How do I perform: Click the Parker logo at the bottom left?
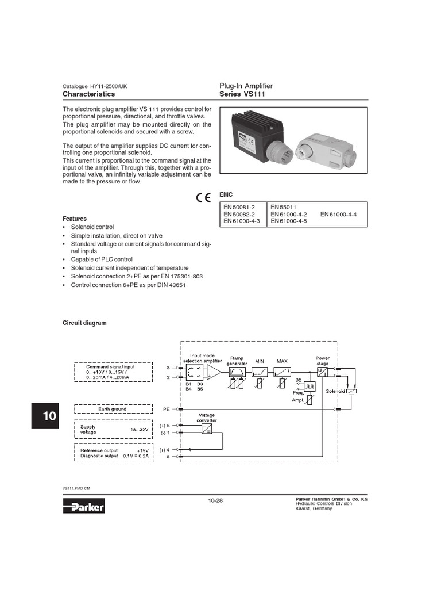[x=87, y=506]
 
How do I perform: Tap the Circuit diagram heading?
[x=84, y=323]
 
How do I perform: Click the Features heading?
[x=75, y=219]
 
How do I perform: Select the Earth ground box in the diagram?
[x=112, y=408]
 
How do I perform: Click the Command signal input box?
[x=113, y=372]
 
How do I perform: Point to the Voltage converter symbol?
[x=206, y=428]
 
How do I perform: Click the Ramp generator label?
[x=237, y=361]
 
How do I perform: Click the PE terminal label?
[x=166, y=409]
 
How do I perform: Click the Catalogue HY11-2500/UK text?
[x=95, y=86]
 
